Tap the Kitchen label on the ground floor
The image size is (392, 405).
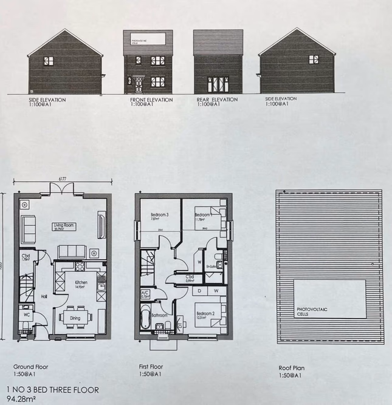(81, 283)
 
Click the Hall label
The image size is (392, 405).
(44, 297)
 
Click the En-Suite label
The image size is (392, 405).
(212, 266)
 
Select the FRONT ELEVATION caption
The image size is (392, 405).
(151, 100)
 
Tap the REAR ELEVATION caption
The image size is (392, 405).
(217, 100)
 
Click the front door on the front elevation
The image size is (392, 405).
(139, 84)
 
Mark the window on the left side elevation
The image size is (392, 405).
(48, 61)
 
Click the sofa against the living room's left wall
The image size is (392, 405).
(28, 230)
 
